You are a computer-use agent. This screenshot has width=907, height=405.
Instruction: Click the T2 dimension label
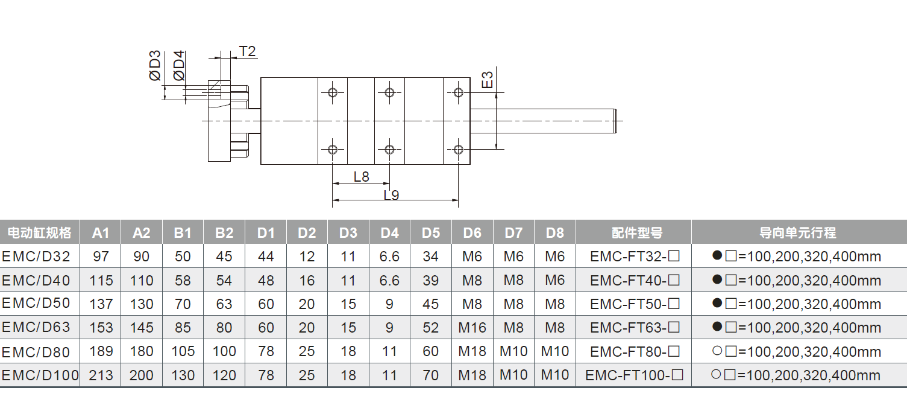click(248, 51)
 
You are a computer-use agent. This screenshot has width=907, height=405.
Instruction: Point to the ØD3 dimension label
click(155, 66)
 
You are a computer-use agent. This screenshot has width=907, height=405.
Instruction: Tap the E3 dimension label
click(488, 80)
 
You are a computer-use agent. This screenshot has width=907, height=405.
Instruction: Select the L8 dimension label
click(361, 177)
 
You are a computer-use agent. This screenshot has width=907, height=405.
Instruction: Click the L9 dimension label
click(391, 195)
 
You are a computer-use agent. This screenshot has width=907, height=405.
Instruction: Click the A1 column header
click(101, 233)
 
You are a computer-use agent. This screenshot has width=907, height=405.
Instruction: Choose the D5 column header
click(430, 233)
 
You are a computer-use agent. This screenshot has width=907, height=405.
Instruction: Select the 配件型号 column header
click(633, 233)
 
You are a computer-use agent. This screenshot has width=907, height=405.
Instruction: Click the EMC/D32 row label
click(36, 257)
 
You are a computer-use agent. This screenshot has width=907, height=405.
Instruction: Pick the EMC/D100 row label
click(40, 375)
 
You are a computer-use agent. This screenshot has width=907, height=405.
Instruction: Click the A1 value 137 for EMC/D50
click(101, 304)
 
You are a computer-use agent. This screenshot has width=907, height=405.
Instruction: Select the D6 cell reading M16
click(472, 328)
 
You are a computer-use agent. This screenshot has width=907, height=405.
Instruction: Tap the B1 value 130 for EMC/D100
click(183, 375)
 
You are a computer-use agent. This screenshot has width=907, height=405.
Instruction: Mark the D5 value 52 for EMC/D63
click(430, 328)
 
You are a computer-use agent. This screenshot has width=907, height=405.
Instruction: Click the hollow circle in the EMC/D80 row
click(717, 351)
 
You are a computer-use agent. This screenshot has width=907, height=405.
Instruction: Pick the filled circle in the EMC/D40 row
click(717, 279)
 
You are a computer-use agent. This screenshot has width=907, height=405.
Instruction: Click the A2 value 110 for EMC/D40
click(142, 281)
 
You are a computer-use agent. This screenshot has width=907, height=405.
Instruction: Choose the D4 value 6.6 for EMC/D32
click(389, 257)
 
